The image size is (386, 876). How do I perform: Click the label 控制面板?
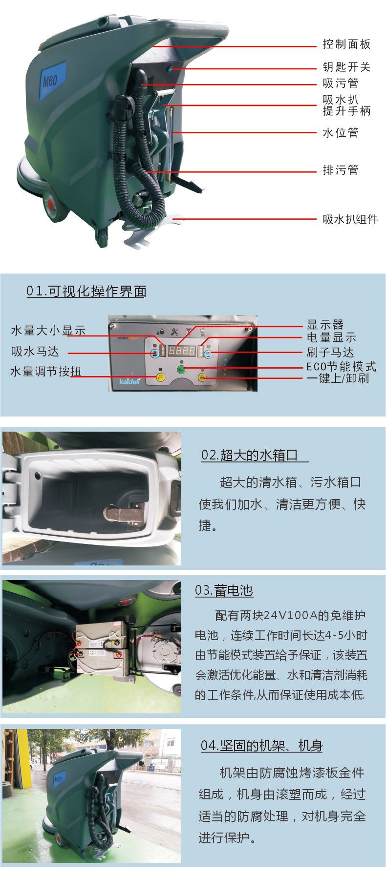point(346,44)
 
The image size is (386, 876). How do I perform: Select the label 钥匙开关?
point(346,67)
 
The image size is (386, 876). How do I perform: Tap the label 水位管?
point(341,133)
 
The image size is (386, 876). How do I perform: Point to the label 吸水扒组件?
point(350,219)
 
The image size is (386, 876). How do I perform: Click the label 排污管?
point(341,170)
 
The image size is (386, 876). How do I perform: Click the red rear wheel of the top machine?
point(51,205)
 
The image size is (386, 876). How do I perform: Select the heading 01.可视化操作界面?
point(86,292)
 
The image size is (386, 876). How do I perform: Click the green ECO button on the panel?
point(181,370)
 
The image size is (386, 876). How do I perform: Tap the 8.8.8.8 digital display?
point(182,351)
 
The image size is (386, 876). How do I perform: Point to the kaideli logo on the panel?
point(129,381)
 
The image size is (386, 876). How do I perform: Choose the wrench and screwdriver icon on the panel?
point(174,332)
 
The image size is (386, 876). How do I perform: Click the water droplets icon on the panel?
point(160,332)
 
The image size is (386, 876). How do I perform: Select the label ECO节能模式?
point(341,366)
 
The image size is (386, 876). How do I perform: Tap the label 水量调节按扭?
point(46,372)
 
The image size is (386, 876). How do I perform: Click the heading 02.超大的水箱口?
point(250,455)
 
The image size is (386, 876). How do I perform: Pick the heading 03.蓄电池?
point(224,590)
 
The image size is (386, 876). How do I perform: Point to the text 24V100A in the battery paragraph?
point(290,615)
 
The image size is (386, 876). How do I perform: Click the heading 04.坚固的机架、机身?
point(261,746)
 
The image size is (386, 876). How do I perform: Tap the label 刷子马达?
point(330,352)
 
